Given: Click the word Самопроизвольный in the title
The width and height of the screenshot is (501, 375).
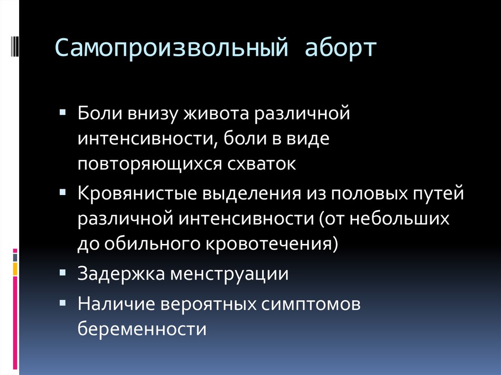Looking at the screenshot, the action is click(172, 48).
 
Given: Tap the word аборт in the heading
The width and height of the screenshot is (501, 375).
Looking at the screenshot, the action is click(341, 48).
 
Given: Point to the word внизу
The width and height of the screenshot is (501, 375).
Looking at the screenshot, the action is click(153, 114).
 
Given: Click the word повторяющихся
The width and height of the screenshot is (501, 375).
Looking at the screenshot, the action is click(150, 164).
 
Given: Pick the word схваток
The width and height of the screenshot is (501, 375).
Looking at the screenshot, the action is click(262, 164).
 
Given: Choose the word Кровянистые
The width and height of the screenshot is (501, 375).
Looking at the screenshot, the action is click(137, 194).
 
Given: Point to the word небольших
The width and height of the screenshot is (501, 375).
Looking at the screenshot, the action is click(399, 219).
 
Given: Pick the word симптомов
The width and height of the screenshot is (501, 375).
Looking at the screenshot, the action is click(311, 304).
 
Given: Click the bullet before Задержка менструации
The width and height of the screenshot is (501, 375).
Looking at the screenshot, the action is click(63, 272).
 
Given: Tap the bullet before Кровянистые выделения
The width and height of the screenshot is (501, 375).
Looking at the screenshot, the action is click(63, 192).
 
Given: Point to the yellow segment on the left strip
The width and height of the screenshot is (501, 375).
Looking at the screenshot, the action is click(15, 269).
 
